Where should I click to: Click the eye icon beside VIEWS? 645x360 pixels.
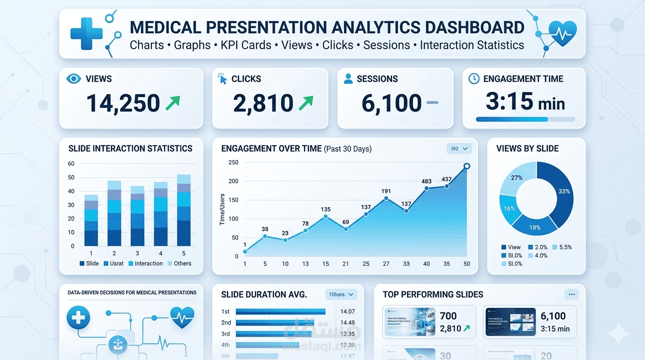[74, 79]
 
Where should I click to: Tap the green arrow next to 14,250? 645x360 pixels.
[172, 103]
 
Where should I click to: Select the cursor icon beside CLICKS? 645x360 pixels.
[222, 79]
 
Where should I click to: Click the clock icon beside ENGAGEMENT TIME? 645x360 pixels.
[474, 79]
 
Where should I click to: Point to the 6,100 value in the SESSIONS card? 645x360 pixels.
[391, 103]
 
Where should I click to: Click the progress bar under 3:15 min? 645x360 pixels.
[525, 120]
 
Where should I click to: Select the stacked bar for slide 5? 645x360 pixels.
[184, 210]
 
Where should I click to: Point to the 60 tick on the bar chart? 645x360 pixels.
[71, 164]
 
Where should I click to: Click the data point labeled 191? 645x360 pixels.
[386, 198]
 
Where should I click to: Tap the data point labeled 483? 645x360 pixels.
[427, 188]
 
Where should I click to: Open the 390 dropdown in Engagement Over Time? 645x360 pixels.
[459, 149]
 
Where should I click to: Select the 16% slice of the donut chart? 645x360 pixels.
[509, 209]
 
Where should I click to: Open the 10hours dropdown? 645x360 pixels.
[341, 294]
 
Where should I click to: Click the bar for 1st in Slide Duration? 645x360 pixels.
[280, 311]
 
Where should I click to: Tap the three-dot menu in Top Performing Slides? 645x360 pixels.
[571, 294]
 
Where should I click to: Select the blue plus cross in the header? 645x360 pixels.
[86, 34]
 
